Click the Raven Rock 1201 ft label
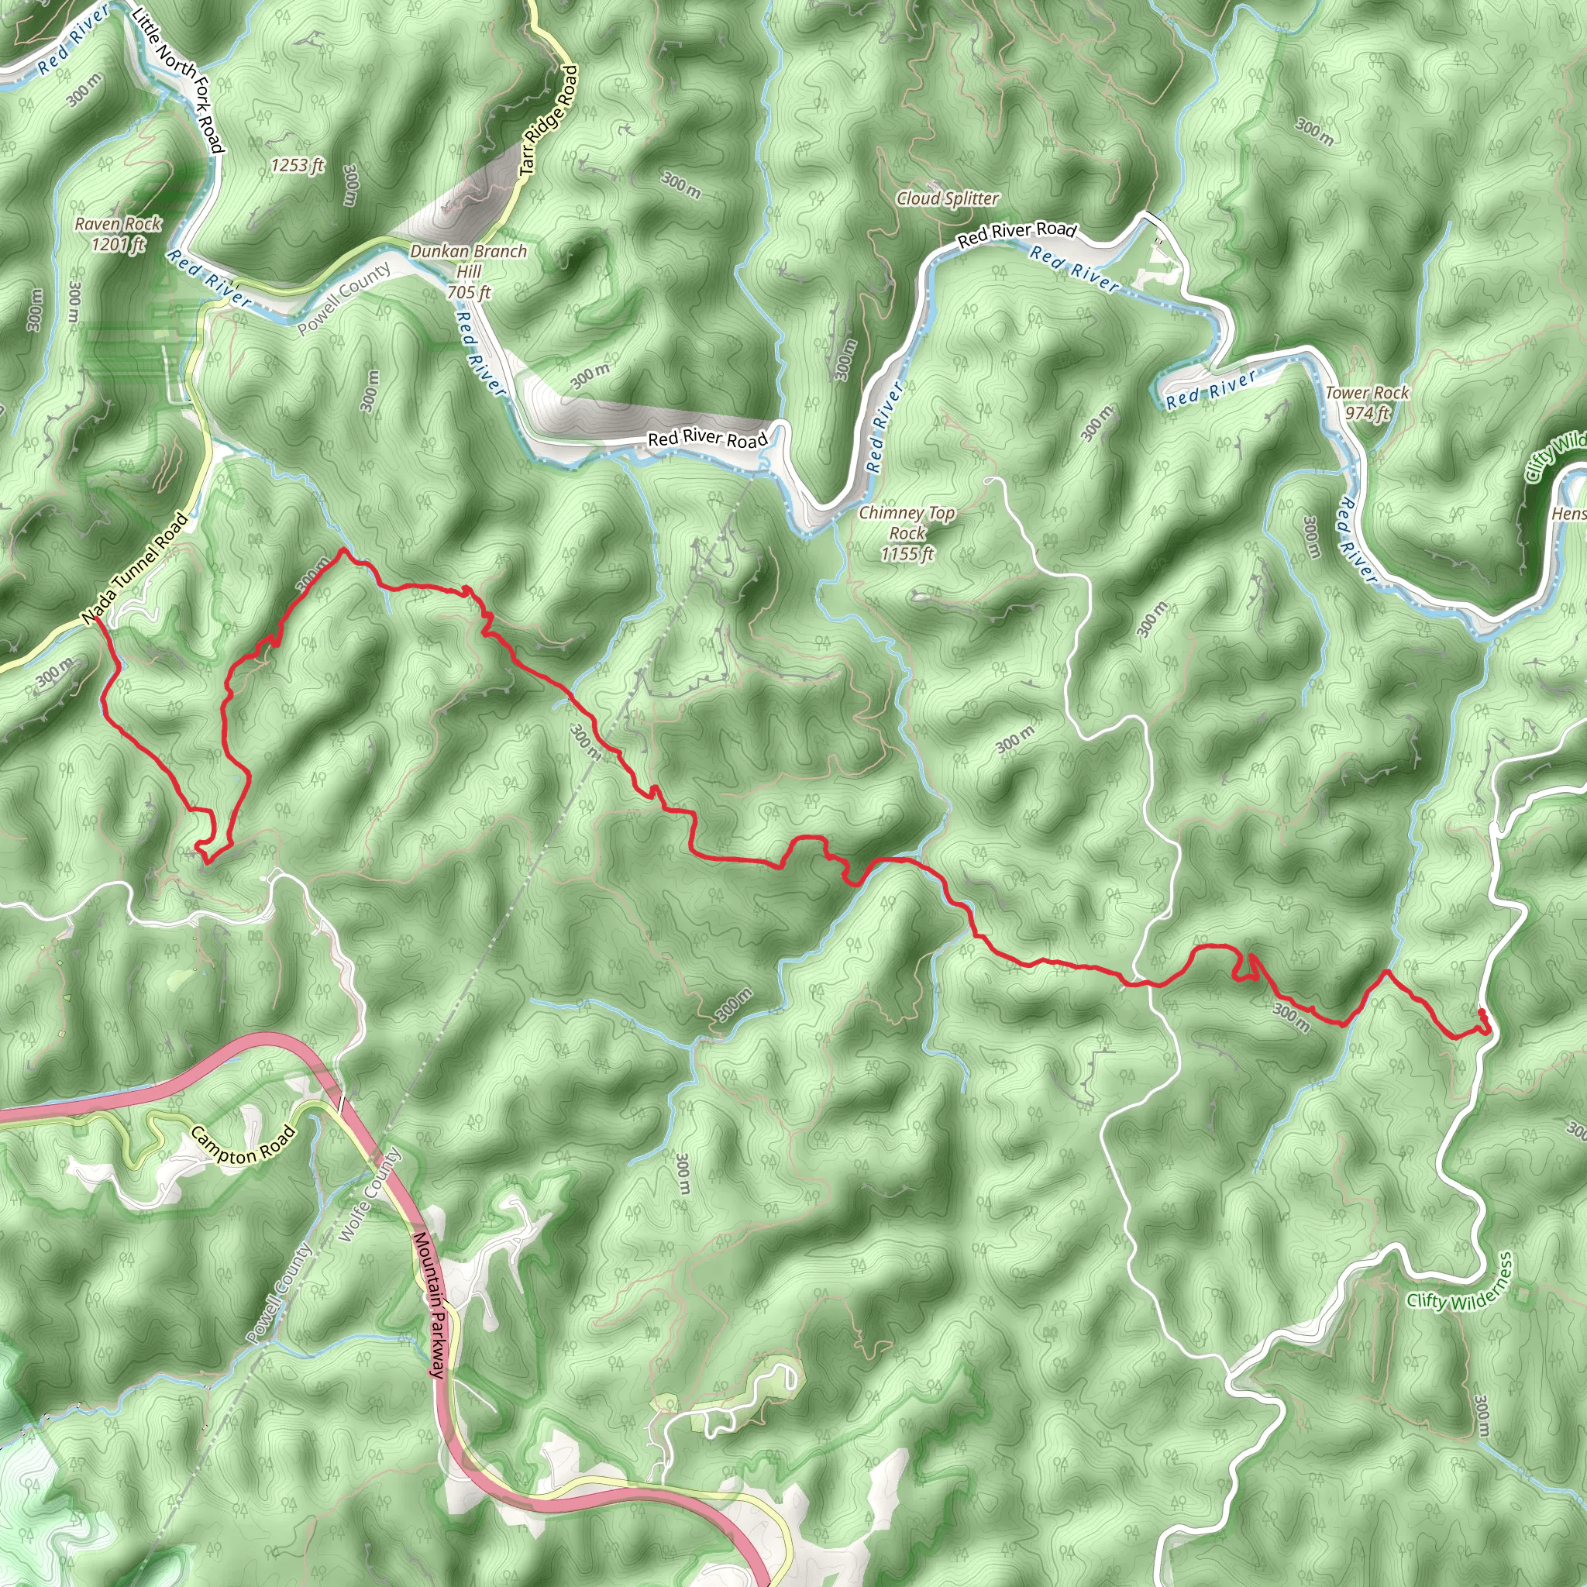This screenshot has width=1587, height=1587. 119,234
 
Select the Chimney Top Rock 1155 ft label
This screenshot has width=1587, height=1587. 907,533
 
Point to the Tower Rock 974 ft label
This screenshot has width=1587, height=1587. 1367,403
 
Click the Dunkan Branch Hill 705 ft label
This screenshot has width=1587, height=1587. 468,271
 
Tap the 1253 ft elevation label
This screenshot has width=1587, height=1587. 298,166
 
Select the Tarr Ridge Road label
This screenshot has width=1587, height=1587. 549,120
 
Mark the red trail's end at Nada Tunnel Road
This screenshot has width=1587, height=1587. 97,618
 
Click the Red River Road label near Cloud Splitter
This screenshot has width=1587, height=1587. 1016,233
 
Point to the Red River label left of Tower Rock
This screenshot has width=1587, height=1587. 1211,389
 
